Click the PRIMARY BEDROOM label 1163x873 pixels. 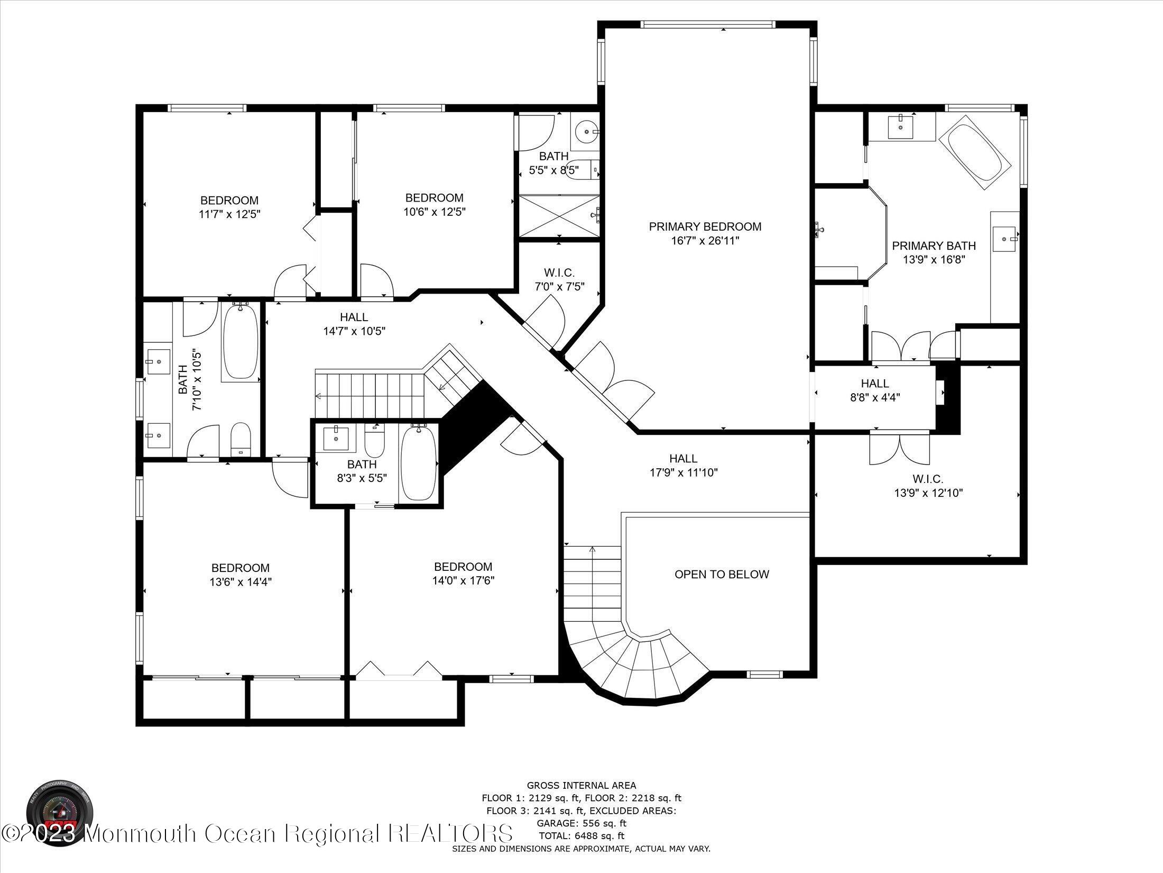click(705, 227)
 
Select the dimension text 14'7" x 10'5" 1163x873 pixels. click(354, 332)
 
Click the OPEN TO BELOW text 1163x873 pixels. click(722, 574)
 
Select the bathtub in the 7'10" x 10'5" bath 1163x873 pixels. click(241, 341)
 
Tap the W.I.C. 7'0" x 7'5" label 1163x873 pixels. click(559, 279)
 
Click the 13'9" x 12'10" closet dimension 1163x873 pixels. click(928, 493)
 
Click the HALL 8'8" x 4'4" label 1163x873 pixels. click(875, 390)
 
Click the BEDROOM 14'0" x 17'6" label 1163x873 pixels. click(463, 573)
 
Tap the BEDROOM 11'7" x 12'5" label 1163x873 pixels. click(229, 207)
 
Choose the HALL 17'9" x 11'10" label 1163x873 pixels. click(683, 465)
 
